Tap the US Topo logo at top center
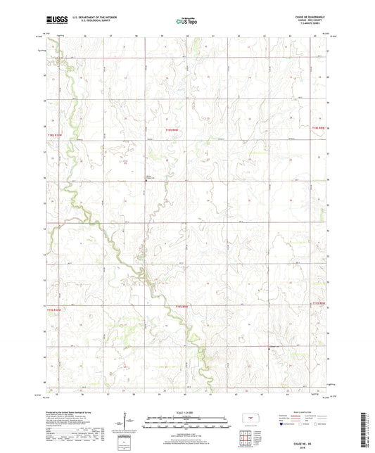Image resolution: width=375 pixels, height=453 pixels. [186, 21]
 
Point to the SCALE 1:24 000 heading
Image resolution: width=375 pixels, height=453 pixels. [187, 412]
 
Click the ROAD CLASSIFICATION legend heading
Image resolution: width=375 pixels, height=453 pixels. [298, 412]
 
